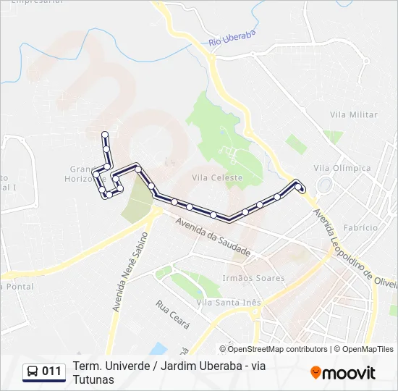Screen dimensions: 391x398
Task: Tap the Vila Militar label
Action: coord(353,115)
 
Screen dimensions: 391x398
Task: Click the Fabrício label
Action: coord(361,227)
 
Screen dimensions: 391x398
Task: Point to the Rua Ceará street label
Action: coord(171,316)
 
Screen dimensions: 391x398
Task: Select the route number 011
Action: coord(51,372)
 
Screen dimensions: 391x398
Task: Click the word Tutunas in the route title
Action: coord(93,379)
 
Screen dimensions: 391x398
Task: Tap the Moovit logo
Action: coord(343,373)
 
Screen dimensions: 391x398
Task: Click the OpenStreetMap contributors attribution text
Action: coord(278,349)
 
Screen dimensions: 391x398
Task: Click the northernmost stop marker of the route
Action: coord(106,134)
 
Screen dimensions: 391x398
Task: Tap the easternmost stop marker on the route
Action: coord(302,190)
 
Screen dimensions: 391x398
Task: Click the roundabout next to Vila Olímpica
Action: coord(323,185)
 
